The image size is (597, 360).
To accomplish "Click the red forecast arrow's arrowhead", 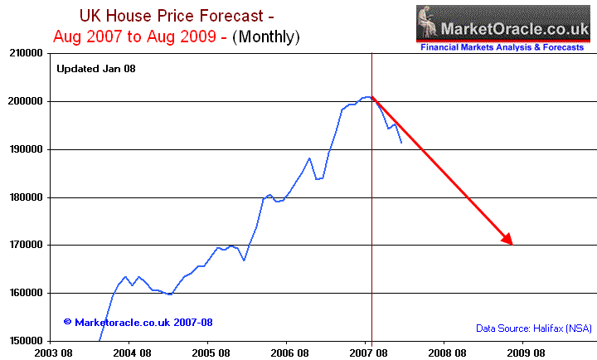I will coord(508,240).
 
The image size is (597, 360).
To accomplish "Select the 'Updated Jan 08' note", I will coord(95,68).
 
